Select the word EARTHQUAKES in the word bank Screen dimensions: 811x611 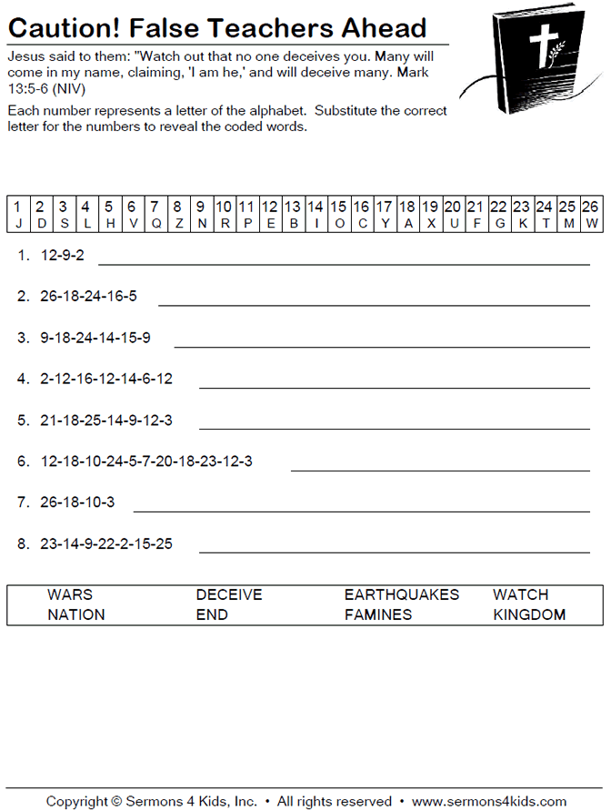[x=401, y=595]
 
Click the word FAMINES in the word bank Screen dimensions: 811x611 [x=377, y=615]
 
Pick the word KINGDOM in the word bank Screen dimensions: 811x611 [x=529, y=615]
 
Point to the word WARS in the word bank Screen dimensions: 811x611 [x=70, y=595]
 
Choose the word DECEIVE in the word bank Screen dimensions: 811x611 [x=229, y=595]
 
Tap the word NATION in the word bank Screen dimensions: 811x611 [x=76, y=615]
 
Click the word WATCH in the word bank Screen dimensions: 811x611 [x=520, y=595]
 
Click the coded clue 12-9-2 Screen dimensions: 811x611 [x=63, y=256]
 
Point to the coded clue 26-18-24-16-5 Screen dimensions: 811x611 [x=89, y=297]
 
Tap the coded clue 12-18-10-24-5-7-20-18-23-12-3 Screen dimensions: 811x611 [x=146, y=461]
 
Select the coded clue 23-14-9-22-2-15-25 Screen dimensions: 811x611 [x=106, y=544]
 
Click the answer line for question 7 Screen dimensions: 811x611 [x=361, y=511]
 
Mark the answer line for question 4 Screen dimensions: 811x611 [x=394, y=387]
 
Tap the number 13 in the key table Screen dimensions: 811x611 [x=292, y=207]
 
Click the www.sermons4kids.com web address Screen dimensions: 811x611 [x=488, y=802]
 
